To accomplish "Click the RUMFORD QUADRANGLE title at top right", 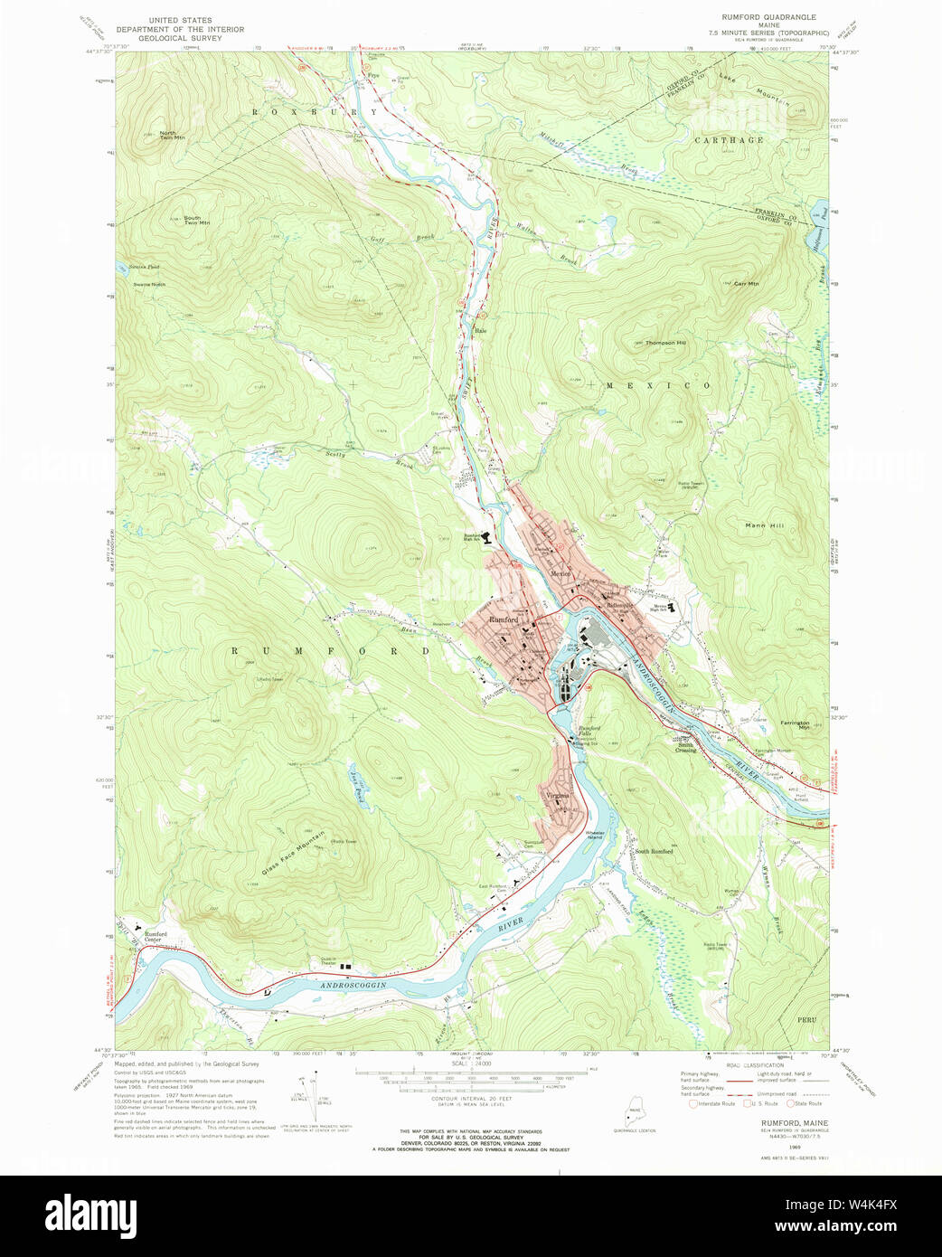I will coord(768,17).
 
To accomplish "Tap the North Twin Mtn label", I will coord(172,136).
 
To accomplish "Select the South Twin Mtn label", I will coord(196,221).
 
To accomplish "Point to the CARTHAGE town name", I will coord(729,140).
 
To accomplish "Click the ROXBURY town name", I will coord(314,112).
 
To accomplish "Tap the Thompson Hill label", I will coord(665,343).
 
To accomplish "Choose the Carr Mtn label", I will coord(747,284).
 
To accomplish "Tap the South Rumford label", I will coord(653,851).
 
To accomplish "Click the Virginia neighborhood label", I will coord(558,796).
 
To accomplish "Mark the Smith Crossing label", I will coord(685,747).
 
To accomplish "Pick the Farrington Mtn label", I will coord(796,724).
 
